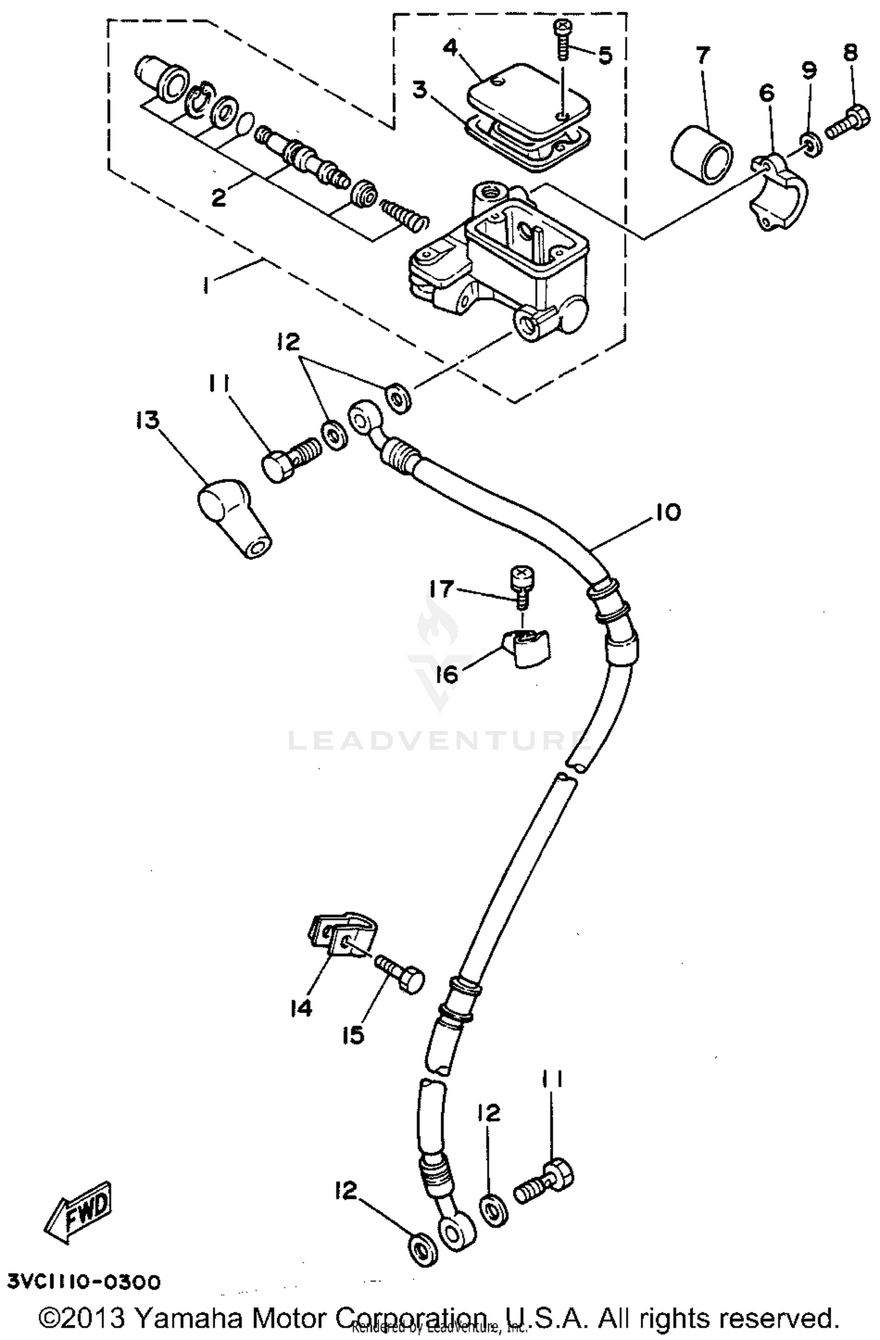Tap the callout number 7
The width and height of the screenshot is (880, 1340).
(x=702, y=57)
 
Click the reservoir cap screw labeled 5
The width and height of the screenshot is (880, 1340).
(x=562, y=39)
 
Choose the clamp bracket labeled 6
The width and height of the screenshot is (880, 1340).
(x=779, y=192)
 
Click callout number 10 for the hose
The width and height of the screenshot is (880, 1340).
(x=668, y=512)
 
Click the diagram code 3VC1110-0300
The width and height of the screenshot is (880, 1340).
(x=83, y=1281)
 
